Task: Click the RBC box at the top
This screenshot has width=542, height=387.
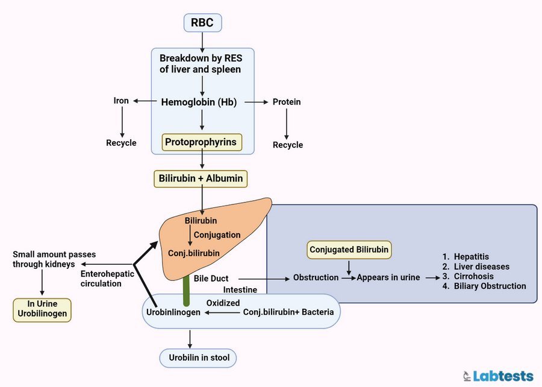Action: point(202,23)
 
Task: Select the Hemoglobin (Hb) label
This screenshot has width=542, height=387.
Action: point(199,102)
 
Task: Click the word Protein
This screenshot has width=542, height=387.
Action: point(287,102)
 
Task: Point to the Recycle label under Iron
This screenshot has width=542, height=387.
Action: point(121,143)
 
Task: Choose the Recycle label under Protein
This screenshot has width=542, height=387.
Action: point(288,145)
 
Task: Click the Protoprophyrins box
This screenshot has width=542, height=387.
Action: point(202,142)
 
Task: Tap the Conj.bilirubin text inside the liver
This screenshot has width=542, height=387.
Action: point(193,253)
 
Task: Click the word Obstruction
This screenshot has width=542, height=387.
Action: point(316,278)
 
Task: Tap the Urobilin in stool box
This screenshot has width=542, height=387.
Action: point(198,359)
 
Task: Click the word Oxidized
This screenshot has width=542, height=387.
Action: point(223,303)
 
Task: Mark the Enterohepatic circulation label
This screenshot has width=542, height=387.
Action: point(101,278)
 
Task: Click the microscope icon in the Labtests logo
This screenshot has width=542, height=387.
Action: point(466,376)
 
